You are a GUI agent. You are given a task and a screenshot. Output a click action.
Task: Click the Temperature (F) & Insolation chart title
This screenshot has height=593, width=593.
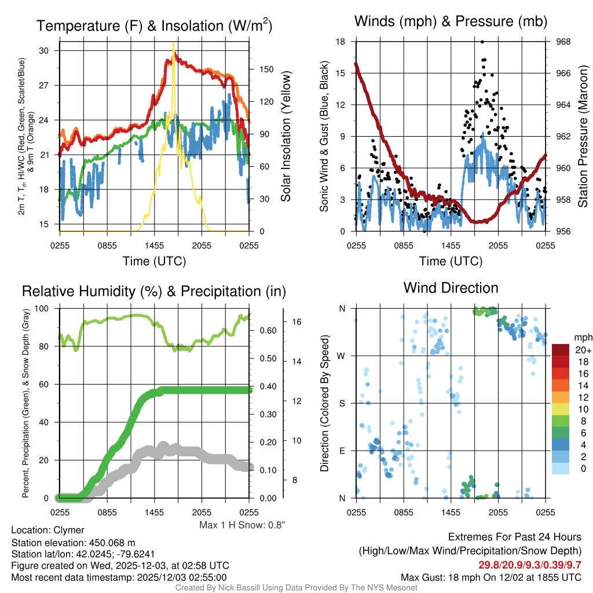154,25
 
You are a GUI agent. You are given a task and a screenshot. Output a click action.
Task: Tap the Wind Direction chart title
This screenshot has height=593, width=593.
451,288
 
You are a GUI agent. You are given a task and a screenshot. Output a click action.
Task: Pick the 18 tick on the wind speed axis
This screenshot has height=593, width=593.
341,42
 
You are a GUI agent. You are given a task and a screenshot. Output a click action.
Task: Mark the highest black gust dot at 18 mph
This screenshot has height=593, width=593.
482,42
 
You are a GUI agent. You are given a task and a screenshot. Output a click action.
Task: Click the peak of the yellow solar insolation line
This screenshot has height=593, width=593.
173,43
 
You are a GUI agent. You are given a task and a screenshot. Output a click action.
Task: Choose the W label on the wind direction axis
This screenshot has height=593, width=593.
342,356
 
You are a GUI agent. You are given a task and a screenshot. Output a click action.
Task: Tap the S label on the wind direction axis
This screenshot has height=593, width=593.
342,403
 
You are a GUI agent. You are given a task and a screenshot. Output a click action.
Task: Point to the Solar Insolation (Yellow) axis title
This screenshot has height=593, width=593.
285,137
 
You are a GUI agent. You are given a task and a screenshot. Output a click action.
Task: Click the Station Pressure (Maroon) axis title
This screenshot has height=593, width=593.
583,137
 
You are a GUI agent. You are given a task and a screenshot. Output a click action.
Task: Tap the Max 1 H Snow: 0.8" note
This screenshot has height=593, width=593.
241,525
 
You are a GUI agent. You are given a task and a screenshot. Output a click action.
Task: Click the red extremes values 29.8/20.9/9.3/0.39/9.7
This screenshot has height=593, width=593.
529,565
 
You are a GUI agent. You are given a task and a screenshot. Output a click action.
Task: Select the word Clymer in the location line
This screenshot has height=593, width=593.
69,530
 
